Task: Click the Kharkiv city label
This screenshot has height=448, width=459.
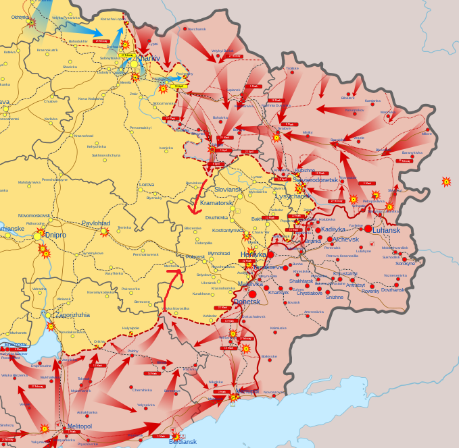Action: click(x=148, y=58)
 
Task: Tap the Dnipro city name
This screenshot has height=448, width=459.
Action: click(x=56, y=235)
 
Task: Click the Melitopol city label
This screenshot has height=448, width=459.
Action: click(x=79, y=426)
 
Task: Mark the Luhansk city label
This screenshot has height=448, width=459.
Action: click(x=386, y=230)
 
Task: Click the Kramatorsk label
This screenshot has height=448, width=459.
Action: click(x=216, y=203)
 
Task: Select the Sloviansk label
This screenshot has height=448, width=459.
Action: click(x=228, y=190)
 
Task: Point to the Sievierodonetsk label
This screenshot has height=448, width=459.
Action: click(x=315, y=180)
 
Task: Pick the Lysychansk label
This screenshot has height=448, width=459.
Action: click(x=293, y=196)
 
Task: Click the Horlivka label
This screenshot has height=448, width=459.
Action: click(x=253, y=255)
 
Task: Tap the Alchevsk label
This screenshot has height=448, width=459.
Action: click(x=345, y=239)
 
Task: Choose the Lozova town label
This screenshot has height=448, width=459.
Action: click(x=147, y=184)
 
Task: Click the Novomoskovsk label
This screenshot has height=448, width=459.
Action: click(x=34, y=215)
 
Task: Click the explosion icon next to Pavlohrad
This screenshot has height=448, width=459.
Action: click(x=105, y=232)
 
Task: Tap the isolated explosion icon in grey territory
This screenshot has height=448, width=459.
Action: click(x=446, y=181)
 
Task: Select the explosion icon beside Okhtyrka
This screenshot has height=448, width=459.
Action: click(x=31, y=23)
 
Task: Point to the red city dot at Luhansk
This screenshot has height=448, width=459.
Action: click(x=368, y=229)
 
